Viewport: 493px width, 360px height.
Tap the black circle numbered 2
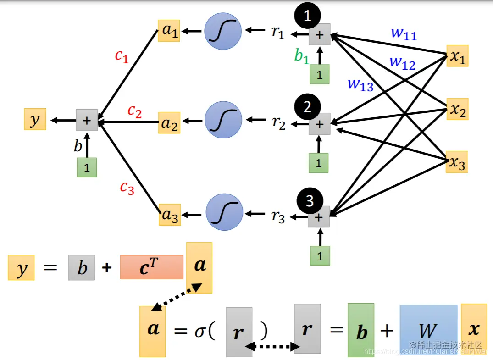(307, 107)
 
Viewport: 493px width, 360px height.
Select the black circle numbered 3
(310, 200)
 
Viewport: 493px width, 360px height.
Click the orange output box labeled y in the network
(35, 120)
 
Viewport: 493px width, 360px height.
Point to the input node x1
(457, 56)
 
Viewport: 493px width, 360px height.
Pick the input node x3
(457, 162)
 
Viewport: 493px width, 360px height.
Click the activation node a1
(169, 31)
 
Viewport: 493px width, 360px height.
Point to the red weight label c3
(127, 187)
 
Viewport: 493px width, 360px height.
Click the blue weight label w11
(404, 33)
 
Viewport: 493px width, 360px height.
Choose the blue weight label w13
(360, 84)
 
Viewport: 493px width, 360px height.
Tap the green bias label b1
(302, 56)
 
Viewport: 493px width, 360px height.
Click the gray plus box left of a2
(87, 121)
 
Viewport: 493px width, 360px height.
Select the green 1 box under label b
(87, 167)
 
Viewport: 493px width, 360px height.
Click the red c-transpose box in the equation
(151, 267)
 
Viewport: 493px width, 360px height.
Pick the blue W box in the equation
(428, 329)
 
